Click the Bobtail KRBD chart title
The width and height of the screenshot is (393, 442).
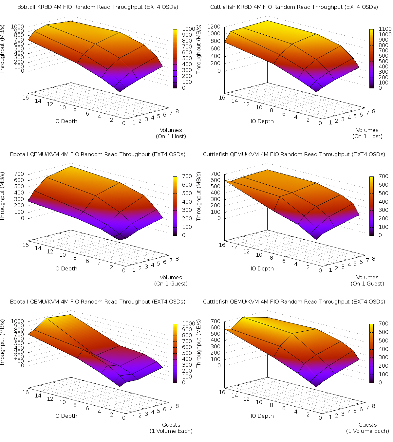pos(98,7)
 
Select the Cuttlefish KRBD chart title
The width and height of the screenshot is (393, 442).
pos(294,7)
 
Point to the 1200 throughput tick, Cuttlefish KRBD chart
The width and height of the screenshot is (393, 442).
pos(214,27)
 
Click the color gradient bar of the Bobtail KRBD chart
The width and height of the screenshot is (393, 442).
pos(175,58)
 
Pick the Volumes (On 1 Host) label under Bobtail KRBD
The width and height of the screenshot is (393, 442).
pos(171,133)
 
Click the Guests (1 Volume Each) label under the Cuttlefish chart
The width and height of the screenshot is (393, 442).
pos(367,428)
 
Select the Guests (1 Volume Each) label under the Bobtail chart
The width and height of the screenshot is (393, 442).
pos(171,428)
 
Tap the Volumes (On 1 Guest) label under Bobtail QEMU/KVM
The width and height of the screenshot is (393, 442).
pos(171,281)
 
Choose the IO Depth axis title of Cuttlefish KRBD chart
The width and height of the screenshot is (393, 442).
pos(262,121)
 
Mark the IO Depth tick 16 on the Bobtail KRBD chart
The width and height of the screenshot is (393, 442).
pos(26,98)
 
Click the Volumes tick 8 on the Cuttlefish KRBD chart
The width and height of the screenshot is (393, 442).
pos(373,111)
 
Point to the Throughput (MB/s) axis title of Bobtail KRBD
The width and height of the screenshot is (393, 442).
pos(3,49)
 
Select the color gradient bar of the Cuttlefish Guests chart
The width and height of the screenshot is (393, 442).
pos(372,353)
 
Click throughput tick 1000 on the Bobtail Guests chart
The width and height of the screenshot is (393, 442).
pos(17,321)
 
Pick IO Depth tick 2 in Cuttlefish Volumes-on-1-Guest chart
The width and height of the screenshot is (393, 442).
pos(308,267)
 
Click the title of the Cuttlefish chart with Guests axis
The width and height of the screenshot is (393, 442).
pos(294,302)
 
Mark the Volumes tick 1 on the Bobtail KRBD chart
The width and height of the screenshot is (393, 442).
pos(134,122)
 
